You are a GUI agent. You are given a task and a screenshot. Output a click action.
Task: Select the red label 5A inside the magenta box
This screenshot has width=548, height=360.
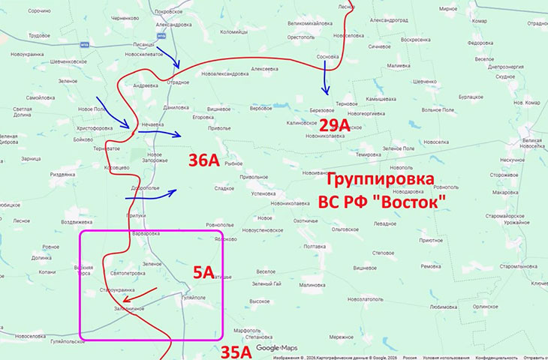pos(204,273)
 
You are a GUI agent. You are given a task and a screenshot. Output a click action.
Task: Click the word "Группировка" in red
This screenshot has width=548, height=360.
pos(378,180)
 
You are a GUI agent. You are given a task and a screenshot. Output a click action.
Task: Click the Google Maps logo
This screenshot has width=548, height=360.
pos(277,348)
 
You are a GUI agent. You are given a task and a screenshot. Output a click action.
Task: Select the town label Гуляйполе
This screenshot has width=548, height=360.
pos(190,297)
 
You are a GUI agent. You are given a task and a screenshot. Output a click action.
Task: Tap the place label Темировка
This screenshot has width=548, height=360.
pos(369,154)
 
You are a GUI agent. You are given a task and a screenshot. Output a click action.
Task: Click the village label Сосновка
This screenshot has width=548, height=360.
pos(328,56)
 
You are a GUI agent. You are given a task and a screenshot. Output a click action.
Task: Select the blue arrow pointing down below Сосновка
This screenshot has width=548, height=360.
pos(326,78)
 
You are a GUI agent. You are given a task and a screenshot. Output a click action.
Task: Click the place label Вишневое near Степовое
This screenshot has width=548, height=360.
pos(364,268)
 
